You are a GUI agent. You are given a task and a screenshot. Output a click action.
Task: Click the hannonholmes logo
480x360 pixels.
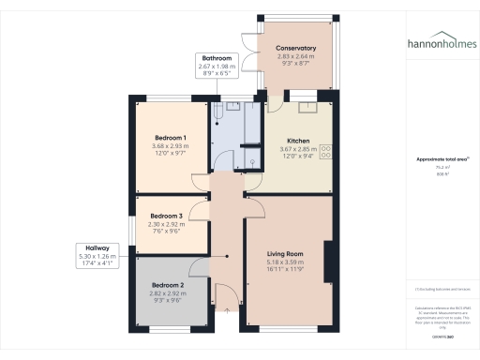coord(442,44)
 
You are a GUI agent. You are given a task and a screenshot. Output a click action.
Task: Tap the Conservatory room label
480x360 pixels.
coord(295,49)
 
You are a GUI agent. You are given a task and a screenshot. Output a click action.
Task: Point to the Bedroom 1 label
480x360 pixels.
coord(171,138)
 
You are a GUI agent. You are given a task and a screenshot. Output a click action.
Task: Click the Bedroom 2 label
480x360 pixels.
coord(169,285)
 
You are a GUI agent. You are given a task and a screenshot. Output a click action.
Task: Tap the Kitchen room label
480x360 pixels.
coord(299,139)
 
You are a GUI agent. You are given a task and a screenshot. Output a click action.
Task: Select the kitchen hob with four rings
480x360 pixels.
coord(327,150)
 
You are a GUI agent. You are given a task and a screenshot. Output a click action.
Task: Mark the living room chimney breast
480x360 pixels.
coord(327,262)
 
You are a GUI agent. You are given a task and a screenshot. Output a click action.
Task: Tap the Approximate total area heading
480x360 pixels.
coord(442,160)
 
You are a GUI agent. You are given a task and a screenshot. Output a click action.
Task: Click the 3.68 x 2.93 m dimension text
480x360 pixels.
coord(171,146)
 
